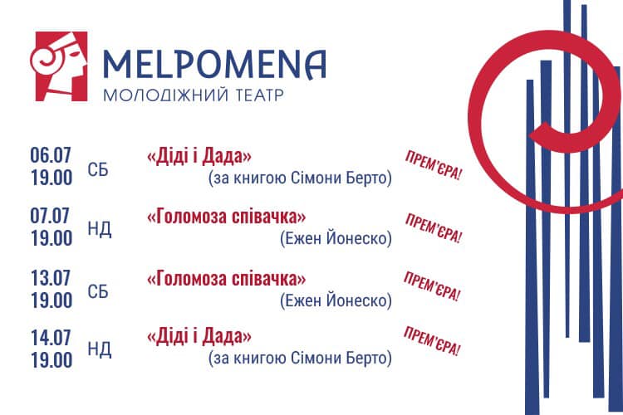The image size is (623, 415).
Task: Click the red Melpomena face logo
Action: click(59, 66)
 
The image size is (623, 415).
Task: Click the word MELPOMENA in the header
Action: click(214, 64)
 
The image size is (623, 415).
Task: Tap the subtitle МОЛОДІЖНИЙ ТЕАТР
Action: click(194, 95)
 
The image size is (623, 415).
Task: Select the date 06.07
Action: click(51, 155)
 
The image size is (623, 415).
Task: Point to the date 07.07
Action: click(50, 216)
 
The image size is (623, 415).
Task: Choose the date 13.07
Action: click(51, 278)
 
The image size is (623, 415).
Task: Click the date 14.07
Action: click(51, 338)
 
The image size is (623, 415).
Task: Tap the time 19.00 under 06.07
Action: click(52, 178)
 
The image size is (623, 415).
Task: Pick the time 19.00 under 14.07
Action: click(52, 360)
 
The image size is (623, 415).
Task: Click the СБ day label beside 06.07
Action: click(98, 170)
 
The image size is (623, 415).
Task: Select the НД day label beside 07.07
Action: click(100, 230)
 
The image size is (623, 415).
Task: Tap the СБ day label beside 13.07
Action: click(98, 292)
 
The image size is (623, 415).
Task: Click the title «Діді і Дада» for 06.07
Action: click(199, 157)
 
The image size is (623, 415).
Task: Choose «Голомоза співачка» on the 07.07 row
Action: click(227, 217)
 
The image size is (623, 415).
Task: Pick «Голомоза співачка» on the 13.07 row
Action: click(227, 279)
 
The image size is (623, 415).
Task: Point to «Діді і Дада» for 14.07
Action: click(199, 337)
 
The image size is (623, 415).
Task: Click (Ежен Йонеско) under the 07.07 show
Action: click(336, 239)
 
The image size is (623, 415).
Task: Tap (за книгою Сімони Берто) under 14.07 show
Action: click(300, 359)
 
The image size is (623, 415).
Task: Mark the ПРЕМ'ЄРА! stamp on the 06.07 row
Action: click(433, 166)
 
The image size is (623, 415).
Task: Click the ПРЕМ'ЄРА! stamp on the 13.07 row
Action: click(432, 286)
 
